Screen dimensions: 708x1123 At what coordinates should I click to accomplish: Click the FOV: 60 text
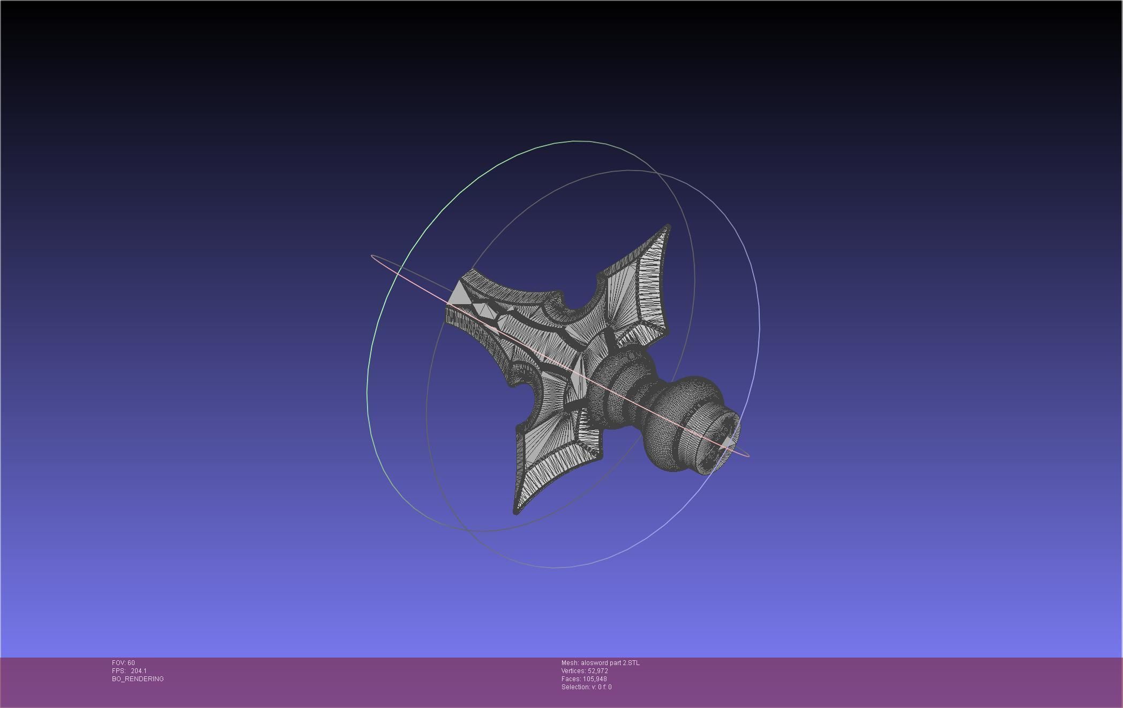pyautogui.click(x=123, y=663)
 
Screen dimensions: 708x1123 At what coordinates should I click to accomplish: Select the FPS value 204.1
pyautogui.click(x=138, y=671)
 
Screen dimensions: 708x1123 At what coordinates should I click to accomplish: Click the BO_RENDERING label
pyautogui.click(x=138, y=679)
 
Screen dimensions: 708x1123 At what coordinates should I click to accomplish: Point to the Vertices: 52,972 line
pyautogui.click(x=585, y=671)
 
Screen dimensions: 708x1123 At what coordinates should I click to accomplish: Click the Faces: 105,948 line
pyautogui.click(x=584, y=679)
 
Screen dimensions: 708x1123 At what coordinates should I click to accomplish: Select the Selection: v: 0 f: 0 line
pyautogui.click(x=586, y=687)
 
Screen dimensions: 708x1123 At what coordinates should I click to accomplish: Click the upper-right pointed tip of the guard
pyautogui.click(x=668, y=227)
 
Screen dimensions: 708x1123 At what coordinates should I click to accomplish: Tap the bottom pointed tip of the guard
pyautogui.click(x=516, y=512)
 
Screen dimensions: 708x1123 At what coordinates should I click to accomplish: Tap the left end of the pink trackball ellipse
pyautogui.click(x=372, y=257)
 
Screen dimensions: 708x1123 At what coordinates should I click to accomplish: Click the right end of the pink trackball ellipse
pyautogui.click(x=748, y=455)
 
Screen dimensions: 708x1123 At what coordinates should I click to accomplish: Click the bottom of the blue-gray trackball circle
pyautogui.click(x=552, y=567)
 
